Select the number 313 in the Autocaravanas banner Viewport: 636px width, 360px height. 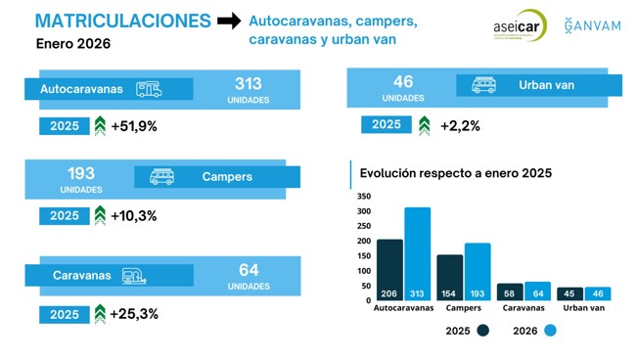(249, 83)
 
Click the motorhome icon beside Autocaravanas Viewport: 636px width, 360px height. (150, 89)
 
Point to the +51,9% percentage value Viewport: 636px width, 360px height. (134, 126)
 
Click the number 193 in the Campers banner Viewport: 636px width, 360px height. (80, 172)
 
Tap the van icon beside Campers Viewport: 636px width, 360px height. (161, 177)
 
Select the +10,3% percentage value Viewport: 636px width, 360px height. (134, 216)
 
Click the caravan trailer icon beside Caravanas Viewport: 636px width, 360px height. (135, 276)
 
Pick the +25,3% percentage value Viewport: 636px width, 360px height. (134, 314)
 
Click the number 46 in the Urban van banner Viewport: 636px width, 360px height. (403, 82)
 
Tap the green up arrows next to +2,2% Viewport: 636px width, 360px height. (424, 125)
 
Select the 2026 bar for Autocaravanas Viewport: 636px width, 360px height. (418, 253)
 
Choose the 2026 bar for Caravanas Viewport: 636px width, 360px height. (537, 292)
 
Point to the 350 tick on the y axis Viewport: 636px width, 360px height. (364, 196)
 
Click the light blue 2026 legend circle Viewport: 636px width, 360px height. (550, 331)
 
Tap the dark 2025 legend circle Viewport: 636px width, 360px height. (482, 331)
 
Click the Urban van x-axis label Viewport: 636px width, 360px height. (584, 308)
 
